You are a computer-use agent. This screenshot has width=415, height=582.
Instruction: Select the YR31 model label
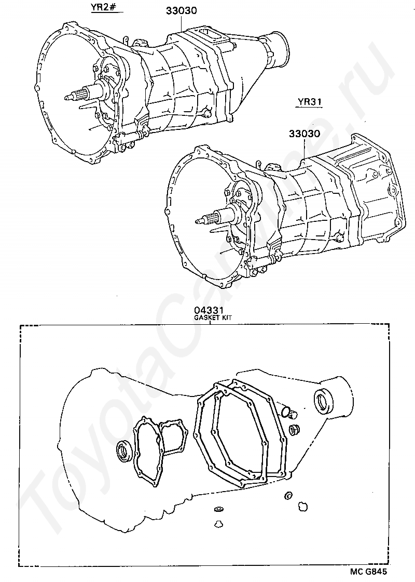(309, 102)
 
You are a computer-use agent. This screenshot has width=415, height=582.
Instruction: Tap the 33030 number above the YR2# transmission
(181, 10)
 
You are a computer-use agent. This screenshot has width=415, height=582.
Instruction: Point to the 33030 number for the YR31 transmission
(304, 134)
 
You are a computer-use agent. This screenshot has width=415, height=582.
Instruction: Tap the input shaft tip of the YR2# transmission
(66, 98)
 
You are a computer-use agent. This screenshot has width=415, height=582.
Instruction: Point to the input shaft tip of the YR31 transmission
(197, 221)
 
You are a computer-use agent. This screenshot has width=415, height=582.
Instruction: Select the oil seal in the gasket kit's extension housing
(323, 402)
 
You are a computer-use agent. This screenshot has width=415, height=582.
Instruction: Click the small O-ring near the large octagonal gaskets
(285, 411)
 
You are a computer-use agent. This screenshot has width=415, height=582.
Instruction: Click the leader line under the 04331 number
(210, 323)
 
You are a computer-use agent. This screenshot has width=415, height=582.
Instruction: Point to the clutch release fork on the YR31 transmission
(263, 261)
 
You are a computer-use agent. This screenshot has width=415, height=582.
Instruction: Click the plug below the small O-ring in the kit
(295, 429)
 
